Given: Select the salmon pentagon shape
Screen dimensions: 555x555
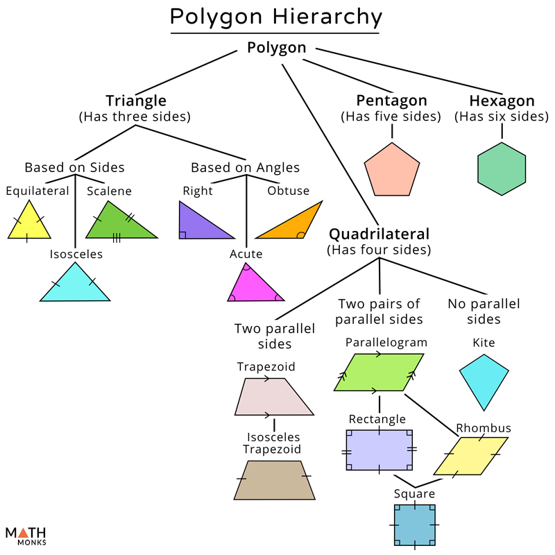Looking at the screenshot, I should coord(393,171).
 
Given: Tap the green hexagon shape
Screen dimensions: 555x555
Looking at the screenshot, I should coord(502,169).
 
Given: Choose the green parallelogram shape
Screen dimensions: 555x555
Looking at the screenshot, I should coord(379,373).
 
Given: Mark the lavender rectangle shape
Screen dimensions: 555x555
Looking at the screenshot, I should coord(379,450).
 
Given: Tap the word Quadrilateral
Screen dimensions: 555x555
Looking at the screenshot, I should coord(379,234).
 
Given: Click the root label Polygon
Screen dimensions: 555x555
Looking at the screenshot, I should coord(276,47).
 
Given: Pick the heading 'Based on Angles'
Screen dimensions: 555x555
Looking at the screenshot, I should coord(245,167).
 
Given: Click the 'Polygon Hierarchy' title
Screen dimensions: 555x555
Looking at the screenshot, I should coord(276,17).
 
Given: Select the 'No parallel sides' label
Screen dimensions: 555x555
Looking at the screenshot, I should coord(484,311).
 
